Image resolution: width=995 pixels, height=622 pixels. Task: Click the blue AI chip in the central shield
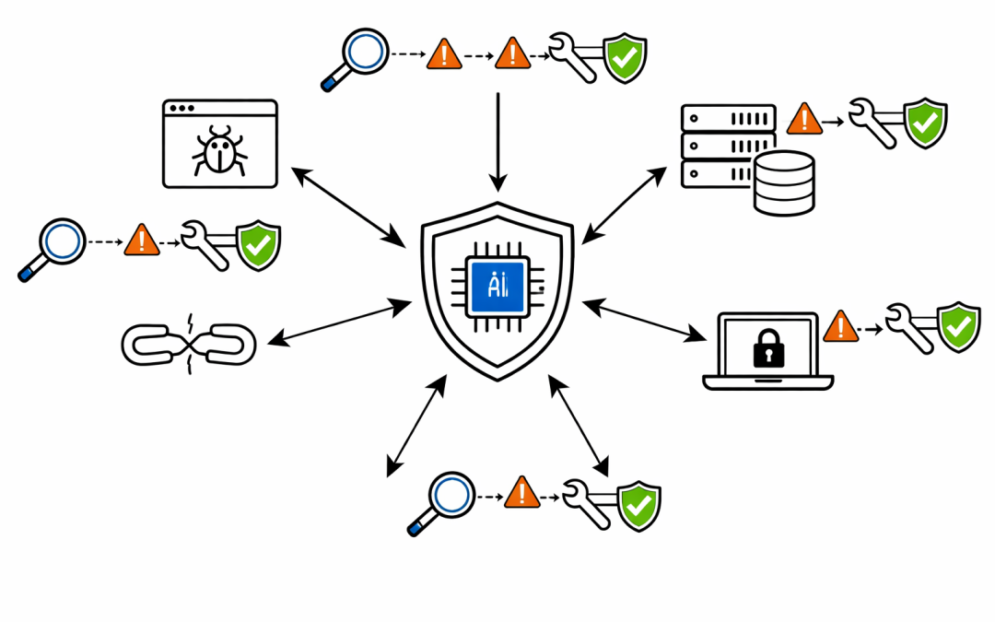point(497,286)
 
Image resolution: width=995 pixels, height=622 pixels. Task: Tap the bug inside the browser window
point(219,151)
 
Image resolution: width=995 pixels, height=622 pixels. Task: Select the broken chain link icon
point(188,343)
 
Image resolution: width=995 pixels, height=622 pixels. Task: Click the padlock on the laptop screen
point(767,348)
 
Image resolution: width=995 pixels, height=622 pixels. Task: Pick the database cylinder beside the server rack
point(783,182)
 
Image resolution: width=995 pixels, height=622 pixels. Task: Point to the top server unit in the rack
point(728,118)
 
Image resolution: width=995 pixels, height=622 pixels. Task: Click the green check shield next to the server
point(923,123)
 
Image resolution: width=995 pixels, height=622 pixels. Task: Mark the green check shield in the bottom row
point(638,505)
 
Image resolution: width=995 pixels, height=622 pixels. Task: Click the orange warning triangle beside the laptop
point(840,326)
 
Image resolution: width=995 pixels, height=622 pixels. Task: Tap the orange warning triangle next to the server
point(804,119)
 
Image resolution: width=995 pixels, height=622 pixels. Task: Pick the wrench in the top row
point(573,57)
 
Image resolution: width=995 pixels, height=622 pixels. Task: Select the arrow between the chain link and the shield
point(339,323)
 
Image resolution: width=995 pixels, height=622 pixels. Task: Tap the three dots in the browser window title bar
point(182,108)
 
